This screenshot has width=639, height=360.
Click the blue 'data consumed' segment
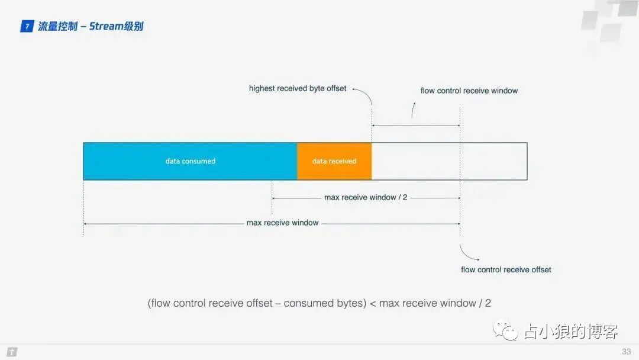(x=190, y=161)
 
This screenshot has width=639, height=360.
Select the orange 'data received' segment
(x=334, y=161)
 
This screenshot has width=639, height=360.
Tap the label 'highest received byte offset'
(x=298, y=88)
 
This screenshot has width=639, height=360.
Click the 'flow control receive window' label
(x=469, y=91)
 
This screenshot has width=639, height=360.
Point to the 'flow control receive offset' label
(x=506, y=269)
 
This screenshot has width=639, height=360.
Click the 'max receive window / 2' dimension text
(x=366, y=197)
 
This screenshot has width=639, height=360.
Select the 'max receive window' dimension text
(x=282, y=223)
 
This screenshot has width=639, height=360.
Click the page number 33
(x=626, y=352)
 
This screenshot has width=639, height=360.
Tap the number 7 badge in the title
(x=27, y=26)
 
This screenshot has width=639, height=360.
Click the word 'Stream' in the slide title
(x=106, y=26)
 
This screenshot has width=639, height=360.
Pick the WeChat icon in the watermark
(x=507, y=330)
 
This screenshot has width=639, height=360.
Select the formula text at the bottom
(x=319, y=303)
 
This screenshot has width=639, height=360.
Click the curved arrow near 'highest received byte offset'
(x=364, y=94)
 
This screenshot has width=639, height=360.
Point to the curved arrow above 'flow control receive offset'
(x=469, y=253)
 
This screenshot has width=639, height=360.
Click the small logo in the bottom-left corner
(x=12, y=352)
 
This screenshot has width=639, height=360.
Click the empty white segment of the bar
(x=448, y=161)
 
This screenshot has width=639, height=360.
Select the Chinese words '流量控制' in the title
(x=57, y=26)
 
